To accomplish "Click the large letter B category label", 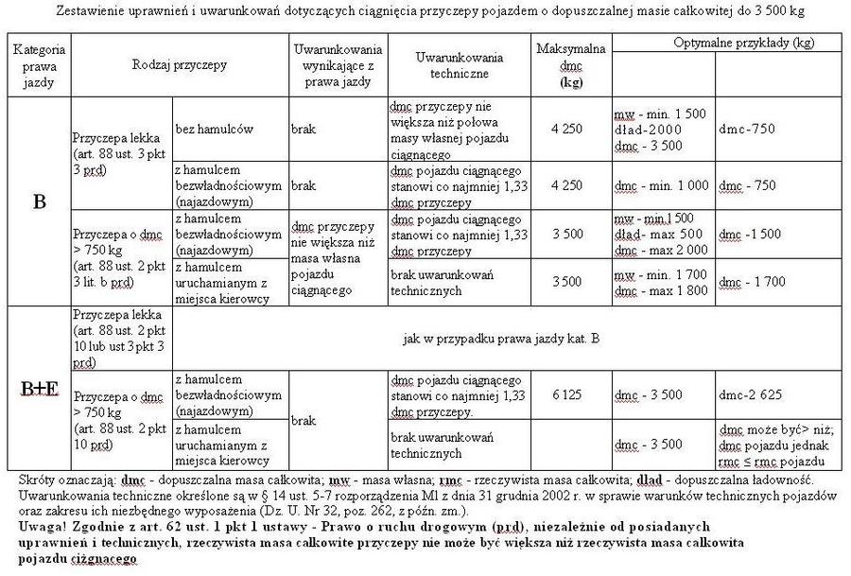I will tap(40, 201).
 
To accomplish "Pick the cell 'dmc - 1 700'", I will tap(753, 282).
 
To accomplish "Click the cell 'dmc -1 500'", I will tap(752, 233).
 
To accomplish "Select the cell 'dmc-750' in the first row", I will tap(746, 127).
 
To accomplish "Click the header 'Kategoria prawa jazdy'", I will tap(39, 64).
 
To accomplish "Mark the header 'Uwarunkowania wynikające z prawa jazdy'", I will tap(337, 64).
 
